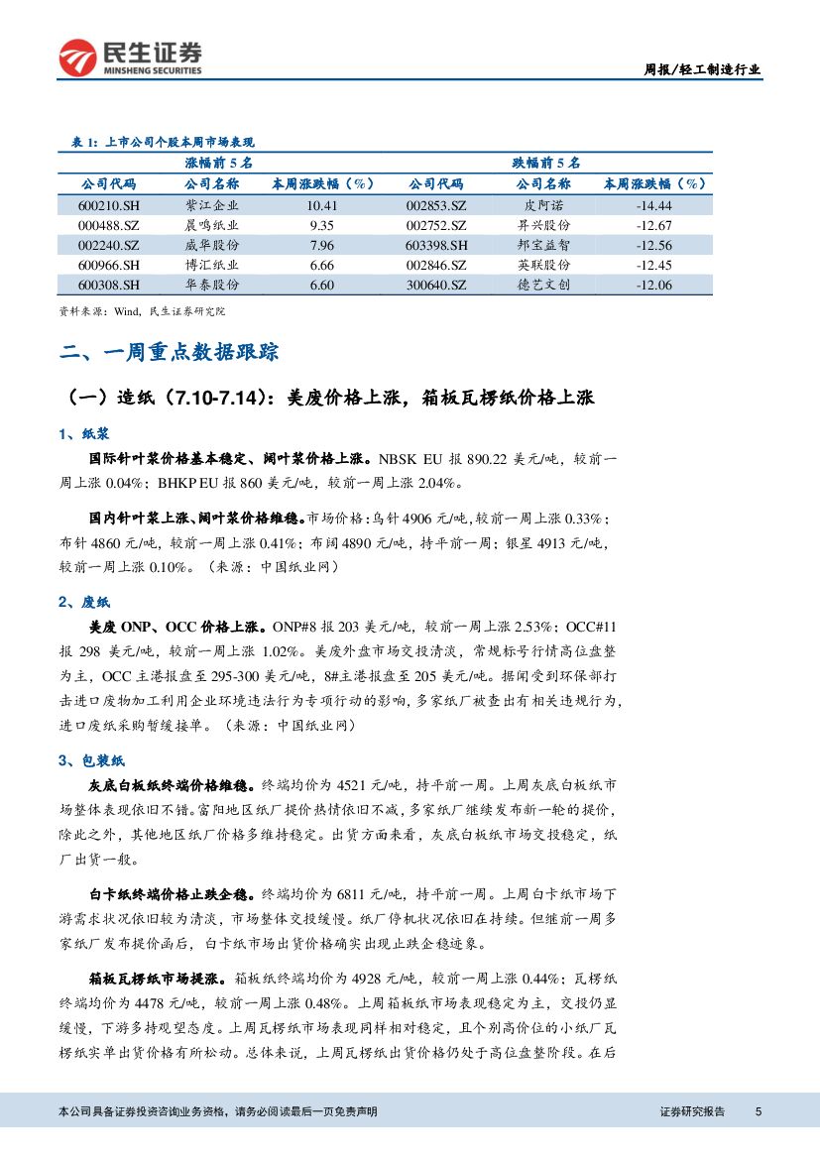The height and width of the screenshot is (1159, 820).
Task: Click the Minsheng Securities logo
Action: tap(130, 58)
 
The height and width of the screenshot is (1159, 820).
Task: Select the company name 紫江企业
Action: tap(212, 205)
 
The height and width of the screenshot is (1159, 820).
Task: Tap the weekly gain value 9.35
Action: tap(321, 225)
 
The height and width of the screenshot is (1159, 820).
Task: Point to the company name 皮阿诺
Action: tap(543, 205)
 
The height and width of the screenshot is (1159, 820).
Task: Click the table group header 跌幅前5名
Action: tap(545, 162)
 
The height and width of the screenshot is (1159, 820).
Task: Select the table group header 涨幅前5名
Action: tap(218, 162)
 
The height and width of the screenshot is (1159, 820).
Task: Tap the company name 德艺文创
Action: tap(543, 285)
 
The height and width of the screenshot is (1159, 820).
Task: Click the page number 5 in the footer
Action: tap(759, 1111)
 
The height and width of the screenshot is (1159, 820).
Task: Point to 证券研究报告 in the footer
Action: tap(692, 1111)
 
